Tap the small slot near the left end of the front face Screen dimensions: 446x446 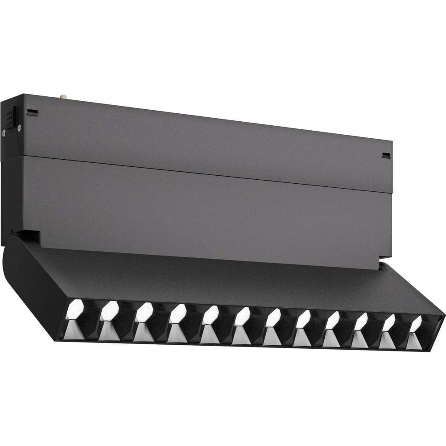(31, 112)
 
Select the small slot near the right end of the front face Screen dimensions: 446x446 (386, 155)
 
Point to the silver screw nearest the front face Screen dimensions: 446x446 (19, 128)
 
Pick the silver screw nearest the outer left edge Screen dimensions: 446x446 (4, 132)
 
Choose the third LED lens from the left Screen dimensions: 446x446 (143, 312)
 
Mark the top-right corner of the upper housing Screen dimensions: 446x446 (392, 142)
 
